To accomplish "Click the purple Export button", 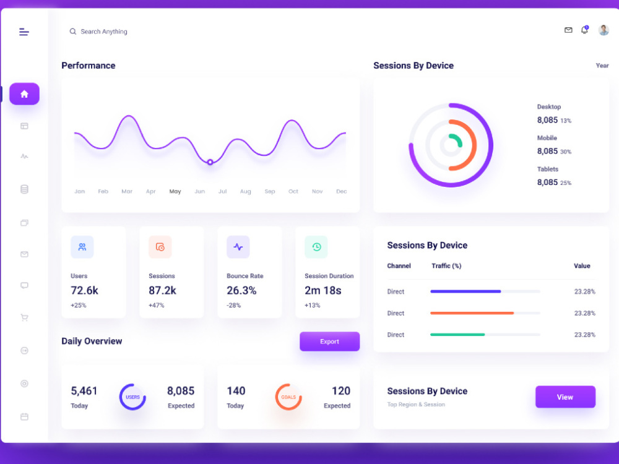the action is (330, 342).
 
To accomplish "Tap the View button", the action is (565, 397).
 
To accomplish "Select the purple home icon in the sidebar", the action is (25, 94).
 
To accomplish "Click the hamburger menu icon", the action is (24, 32).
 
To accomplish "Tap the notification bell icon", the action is (585, 30).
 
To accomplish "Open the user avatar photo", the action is (603, 30).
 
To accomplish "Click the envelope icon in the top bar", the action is (568, 30).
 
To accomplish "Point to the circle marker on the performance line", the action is (210, 162).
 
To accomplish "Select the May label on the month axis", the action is (175, 191).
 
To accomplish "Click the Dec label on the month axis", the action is (342, 191).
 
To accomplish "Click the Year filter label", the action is (602, 66).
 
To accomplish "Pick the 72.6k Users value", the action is (84, 290).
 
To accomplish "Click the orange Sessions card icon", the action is (160, 247).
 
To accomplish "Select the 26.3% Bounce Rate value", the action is (241, 290).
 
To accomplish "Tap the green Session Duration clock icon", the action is (316, 247).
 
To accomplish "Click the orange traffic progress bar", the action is (472, 313).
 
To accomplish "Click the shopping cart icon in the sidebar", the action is (25, 317).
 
